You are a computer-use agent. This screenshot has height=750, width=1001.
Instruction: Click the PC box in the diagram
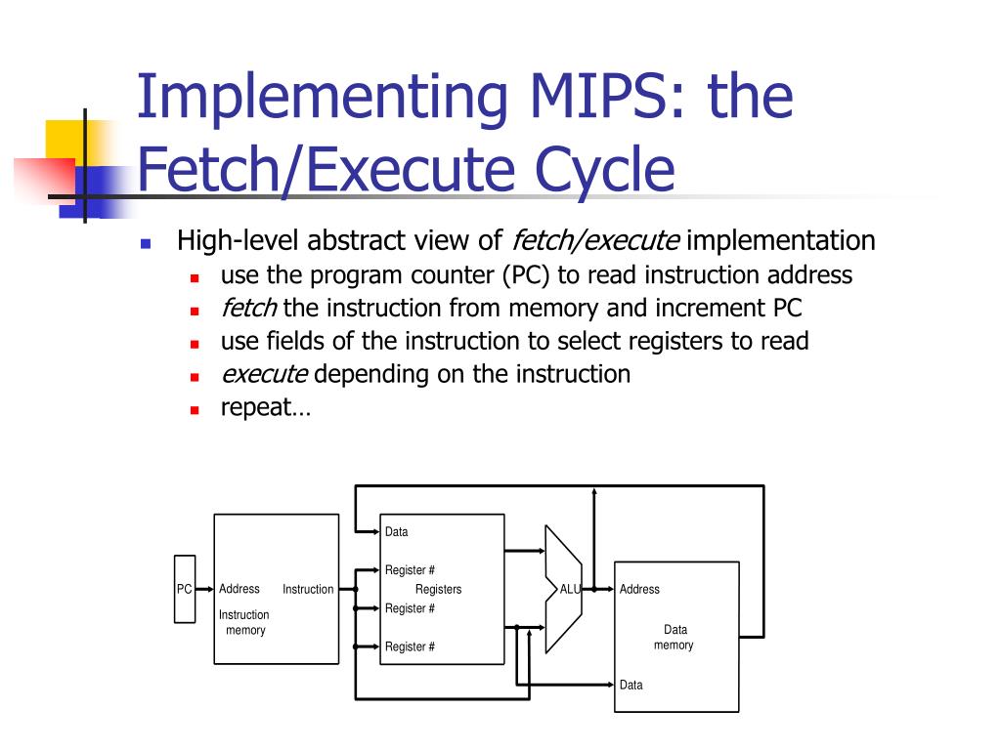pos(185,589)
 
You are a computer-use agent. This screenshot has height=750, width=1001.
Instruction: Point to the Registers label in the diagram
pos(438,589)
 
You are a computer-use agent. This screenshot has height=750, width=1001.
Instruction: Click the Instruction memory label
pos(244,623)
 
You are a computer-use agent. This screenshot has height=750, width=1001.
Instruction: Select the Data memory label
pos(674,638)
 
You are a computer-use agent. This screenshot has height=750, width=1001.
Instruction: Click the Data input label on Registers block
pos(396,532)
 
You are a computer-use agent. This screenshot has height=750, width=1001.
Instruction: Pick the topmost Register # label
pos(410,570)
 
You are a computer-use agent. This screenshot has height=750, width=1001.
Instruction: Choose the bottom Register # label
pos(410,646)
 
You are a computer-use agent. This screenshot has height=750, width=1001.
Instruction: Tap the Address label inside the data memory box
pos(639,589)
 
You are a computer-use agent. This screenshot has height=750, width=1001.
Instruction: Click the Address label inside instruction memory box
pos(239,589)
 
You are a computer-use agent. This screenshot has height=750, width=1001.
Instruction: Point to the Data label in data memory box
pos(631,685)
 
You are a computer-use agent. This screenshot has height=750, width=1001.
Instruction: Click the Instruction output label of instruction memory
pos(308,589)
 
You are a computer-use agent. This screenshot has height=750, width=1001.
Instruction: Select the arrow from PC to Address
pos(204,589)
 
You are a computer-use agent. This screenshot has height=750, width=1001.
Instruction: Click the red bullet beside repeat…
pos(195,410)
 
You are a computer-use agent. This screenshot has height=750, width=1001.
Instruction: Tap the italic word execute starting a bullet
pos(265,374)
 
